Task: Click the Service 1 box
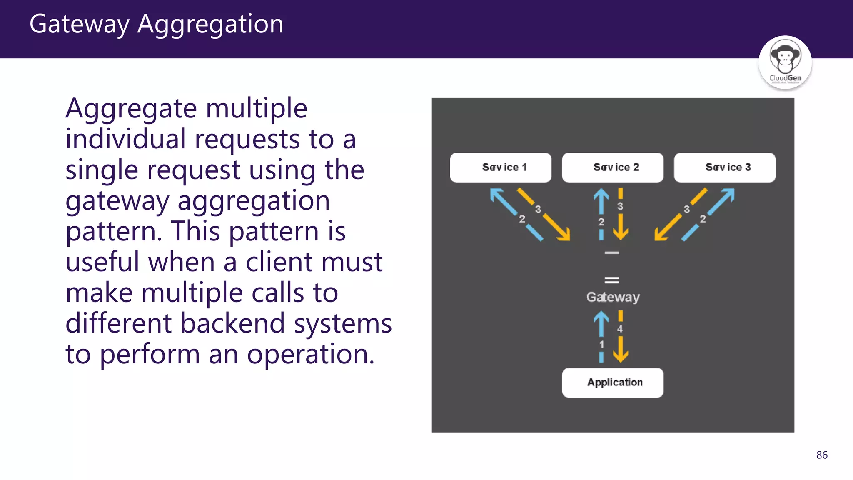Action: pos(501,167)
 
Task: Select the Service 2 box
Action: pos(613,167)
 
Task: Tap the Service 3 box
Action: pos(725,167)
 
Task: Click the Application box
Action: pos(613,382)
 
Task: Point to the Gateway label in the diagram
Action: pos(613,297)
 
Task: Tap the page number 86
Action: pos(822,455)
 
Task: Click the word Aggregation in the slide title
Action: pos(210,24)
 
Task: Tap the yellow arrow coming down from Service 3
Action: pos(668,227)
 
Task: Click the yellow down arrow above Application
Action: pos(621,349)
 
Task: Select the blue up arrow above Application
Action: pos(601,324)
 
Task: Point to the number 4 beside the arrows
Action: pos(620,329)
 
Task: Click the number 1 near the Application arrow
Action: pos(601,345)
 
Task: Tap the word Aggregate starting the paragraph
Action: pos(131,109)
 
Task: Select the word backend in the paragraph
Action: pos(232,324)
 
